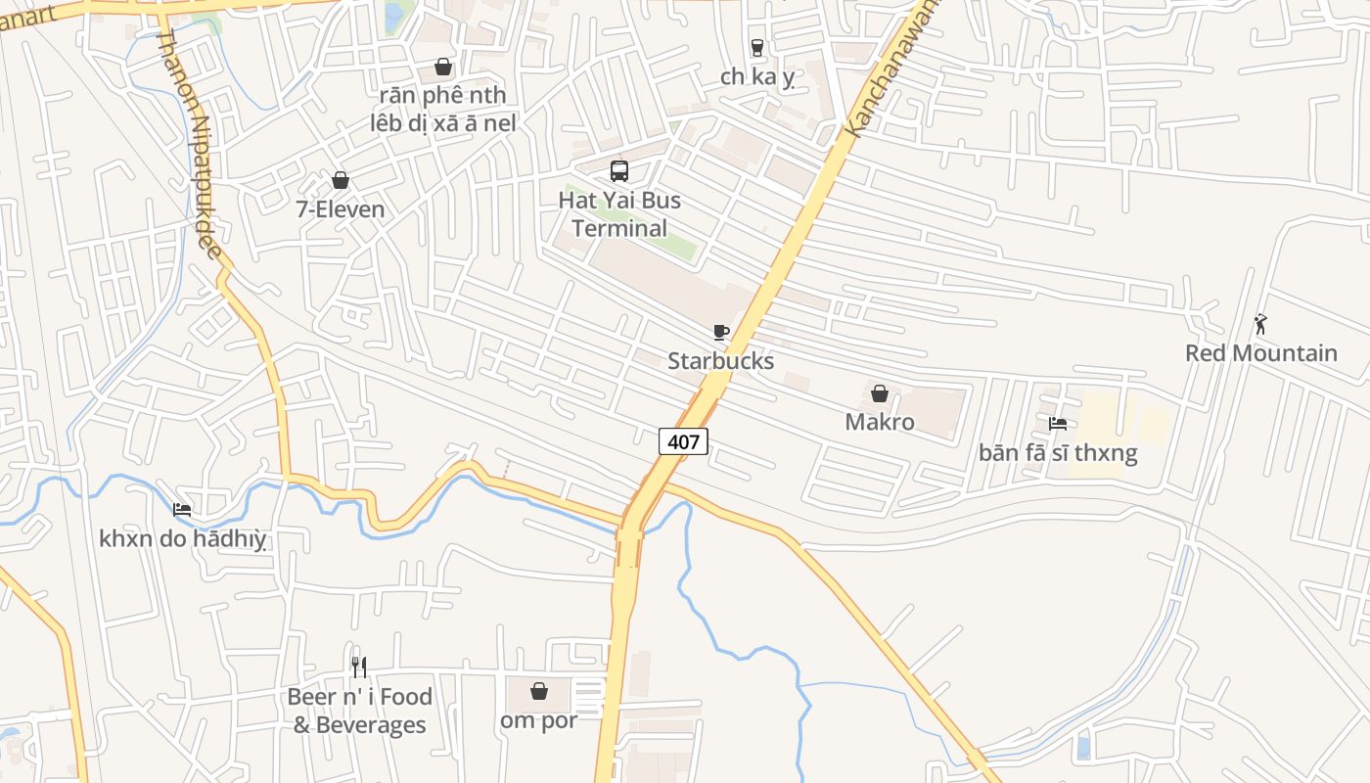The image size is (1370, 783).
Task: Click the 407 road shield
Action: pos(683,441)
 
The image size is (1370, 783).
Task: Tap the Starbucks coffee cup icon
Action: pos(721,332)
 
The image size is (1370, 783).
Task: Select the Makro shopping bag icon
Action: pos(880,393)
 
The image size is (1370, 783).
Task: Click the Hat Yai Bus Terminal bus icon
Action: pos(619,171)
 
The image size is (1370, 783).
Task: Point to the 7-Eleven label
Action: pos(341,208)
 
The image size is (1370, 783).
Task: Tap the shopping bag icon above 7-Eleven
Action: pos(341,180)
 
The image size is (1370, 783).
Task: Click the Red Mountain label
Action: pos(1260,353)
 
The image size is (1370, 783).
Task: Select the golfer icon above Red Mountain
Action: pos(1260,324)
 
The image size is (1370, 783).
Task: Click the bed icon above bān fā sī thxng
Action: pos(1058,424)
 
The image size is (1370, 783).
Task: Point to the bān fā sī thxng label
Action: pos(1058,453)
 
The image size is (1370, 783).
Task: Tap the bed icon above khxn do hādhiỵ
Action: pos(182,509)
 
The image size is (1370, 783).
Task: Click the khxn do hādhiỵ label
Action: pos(183,538)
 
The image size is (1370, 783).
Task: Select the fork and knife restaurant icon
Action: pos(359,668)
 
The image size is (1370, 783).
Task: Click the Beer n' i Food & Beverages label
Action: pos(359,711)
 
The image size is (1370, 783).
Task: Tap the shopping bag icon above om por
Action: pos(538,691)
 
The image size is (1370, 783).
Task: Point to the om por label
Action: pos(538,721)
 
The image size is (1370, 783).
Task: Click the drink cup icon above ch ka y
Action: pos(756,47)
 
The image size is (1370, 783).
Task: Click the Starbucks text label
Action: pos(720,361)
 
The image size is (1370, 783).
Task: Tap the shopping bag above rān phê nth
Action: pos(443,67)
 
